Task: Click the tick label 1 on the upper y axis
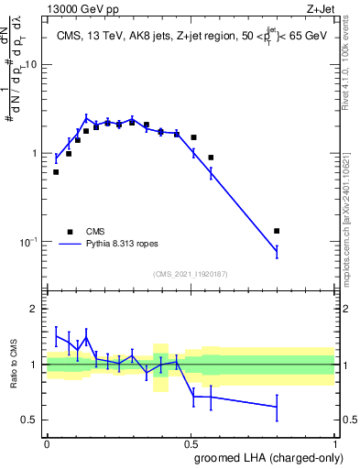pyautogui.click(x=36, y=154)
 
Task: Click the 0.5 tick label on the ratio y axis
pyautogui.click(x=31, y=420)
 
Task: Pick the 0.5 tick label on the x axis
pyautogui.click(x=191, y=442)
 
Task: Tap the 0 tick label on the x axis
pyautogui.click(x=47, y=442)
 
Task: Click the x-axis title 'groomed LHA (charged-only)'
pyautogui.click(x=274, y=457)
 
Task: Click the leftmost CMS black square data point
pyautogui.click(x=56, y=171)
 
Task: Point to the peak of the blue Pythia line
pyautogui.click(x=86, y=117)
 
